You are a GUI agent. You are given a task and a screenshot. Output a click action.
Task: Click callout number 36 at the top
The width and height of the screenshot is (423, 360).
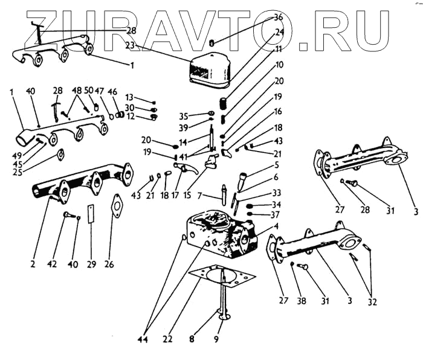(x=278, y=17)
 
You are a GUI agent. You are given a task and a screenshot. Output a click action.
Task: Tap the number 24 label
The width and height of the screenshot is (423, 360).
(x=279, y=31)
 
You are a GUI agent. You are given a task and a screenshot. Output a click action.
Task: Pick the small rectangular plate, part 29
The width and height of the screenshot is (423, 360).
(x=91, y=214)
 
